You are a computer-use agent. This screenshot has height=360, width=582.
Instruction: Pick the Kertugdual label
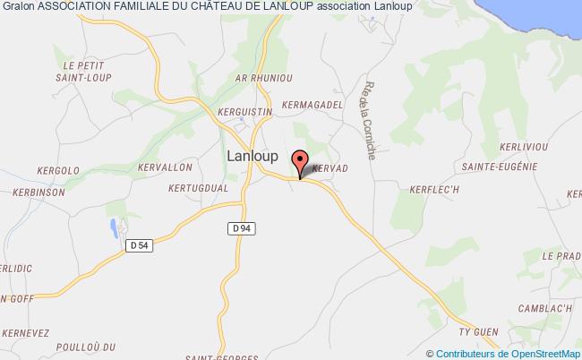coord(198,188)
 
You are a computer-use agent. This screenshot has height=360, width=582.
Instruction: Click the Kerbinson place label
coord(39,193)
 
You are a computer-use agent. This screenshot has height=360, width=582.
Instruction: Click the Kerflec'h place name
coord(411,188)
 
